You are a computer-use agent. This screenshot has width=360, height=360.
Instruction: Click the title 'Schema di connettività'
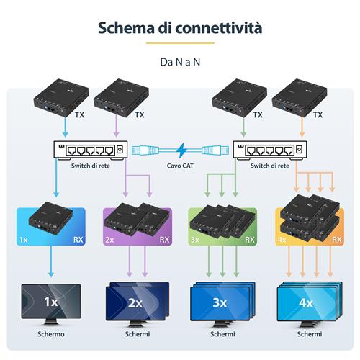tap(179, 29)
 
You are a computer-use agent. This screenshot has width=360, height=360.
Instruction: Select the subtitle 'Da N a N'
tap(179, 62)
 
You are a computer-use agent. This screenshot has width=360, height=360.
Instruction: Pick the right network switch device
tap(271, 150)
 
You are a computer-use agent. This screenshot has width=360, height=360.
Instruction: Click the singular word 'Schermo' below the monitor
tap(50, 334)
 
